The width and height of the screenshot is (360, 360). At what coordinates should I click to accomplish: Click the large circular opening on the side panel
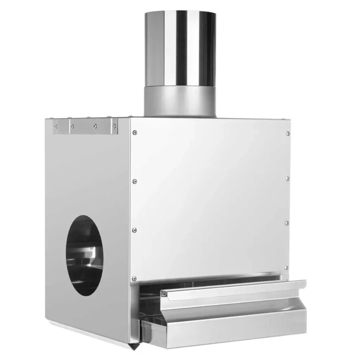tap(84, 255)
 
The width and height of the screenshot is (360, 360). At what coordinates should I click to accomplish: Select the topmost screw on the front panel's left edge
tap(135, 133)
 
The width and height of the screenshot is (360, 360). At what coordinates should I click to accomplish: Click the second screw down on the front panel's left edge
tap(135, 181)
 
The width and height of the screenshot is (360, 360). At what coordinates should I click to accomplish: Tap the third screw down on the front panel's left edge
tap(135, 230)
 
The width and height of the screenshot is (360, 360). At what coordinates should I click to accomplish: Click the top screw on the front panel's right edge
tap(288, 133)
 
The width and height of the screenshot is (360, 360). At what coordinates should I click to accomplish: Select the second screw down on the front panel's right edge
tap(287, 179)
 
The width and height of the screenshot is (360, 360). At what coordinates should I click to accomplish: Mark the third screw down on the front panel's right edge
tap(287, 223)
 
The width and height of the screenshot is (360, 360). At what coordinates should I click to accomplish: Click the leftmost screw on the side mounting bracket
tap(56, 126)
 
